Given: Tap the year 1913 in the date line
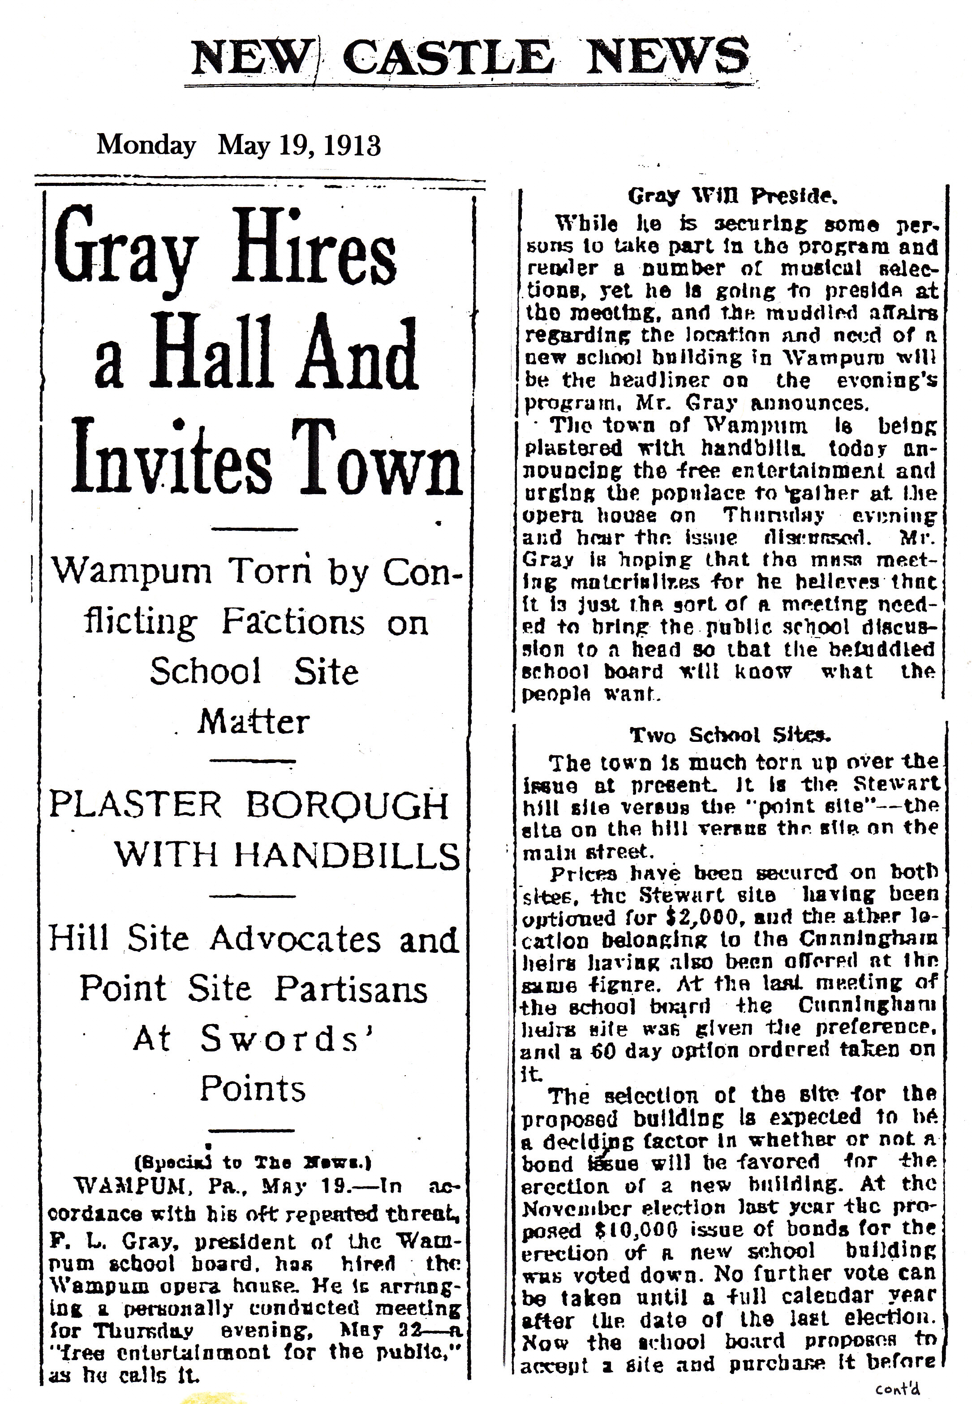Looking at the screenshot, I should (x=352, y=146).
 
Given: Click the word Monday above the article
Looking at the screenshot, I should (x=146, y=146).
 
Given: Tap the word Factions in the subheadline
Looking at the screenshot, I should (x=293, y=623).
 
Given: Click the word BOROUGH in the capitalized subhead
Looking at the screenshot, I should (x=347, y=805).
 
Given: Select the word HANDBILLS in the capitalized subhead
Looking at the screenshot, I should (x=347, y=855).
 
